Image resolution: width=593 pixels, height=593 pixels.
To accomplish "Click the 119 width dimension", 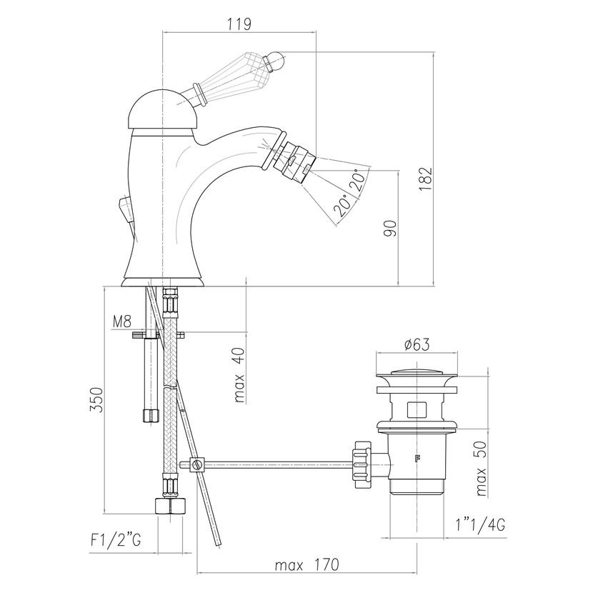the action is [239, 24].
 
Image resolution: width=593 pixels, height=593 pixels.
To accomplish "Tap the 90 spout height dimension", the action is [390, 229].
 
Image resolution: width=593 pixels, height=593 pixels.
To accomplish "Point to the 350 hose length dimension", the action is [96, 400].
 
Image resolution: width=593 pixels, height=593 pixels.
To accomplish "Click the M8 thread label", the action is [122, 322].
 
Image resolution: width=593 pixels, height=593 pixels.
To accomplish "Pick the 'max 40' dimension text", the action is [239, 374].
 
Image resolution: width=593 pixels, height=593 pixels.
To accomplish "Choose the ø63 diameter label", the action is [417, 344].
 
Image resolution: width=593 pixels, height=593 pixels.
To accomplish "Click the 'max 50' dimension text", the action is [481, 469].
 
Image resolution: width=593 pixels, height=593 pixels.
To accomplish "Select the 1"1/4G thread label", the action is [480, 525].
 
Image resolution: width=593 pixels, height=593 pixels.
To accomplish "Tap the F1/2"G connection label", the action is [116, 540].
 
